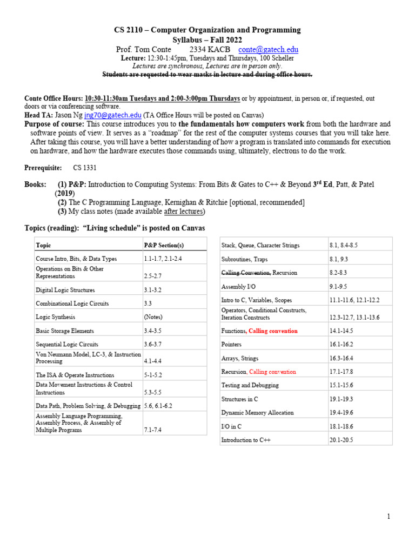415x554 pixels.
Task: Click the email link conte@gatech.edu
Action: tap(268, 50)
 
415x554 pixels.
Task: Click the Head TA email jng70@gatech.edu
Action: tap(113, 115)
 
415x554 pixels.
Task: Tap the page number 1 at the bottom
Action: tap(388, 517)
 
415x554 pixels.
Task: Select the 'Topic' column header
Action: tap(43, 245)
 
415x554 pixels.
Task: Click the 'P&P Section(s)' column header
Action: tap(164, 245)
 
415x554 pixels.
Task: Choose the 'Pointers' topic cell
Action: tap(231, 344)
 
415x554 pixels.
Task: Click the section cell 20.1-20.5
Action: tap(341, 440)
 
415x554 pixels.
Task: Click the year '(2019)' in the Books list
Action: tap(65, 193)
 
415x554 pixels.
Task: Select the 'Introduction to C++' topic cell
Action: tap(246, 440)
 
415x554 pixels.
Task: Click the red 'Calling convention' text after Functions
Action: tap(273, 331)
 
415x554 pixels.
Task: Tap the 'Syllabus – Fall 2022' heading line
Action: tap(207, 40)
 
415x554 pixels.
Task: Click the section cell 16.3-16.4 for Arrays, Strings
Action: tap(341, 358)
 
